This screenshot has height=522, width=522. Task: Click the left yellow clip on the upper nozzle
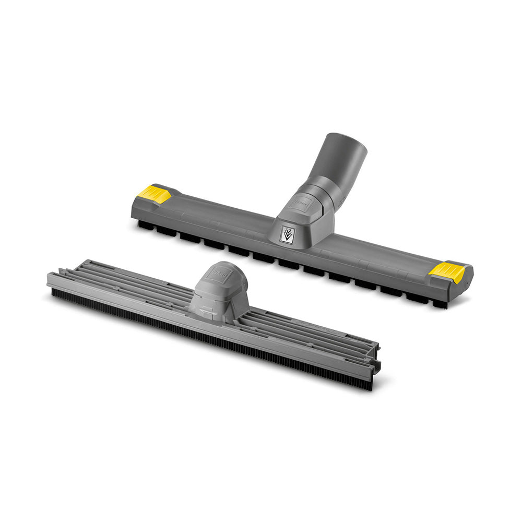tap(154, 194)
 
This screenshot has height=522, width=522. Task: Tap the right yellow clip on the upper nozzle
tap(446, 270)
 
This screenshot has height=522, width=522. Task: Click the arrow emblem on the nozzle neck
tap(286, 235)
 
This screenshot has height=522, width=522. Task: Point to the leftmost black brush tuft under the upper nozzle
tap(145, 226)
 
